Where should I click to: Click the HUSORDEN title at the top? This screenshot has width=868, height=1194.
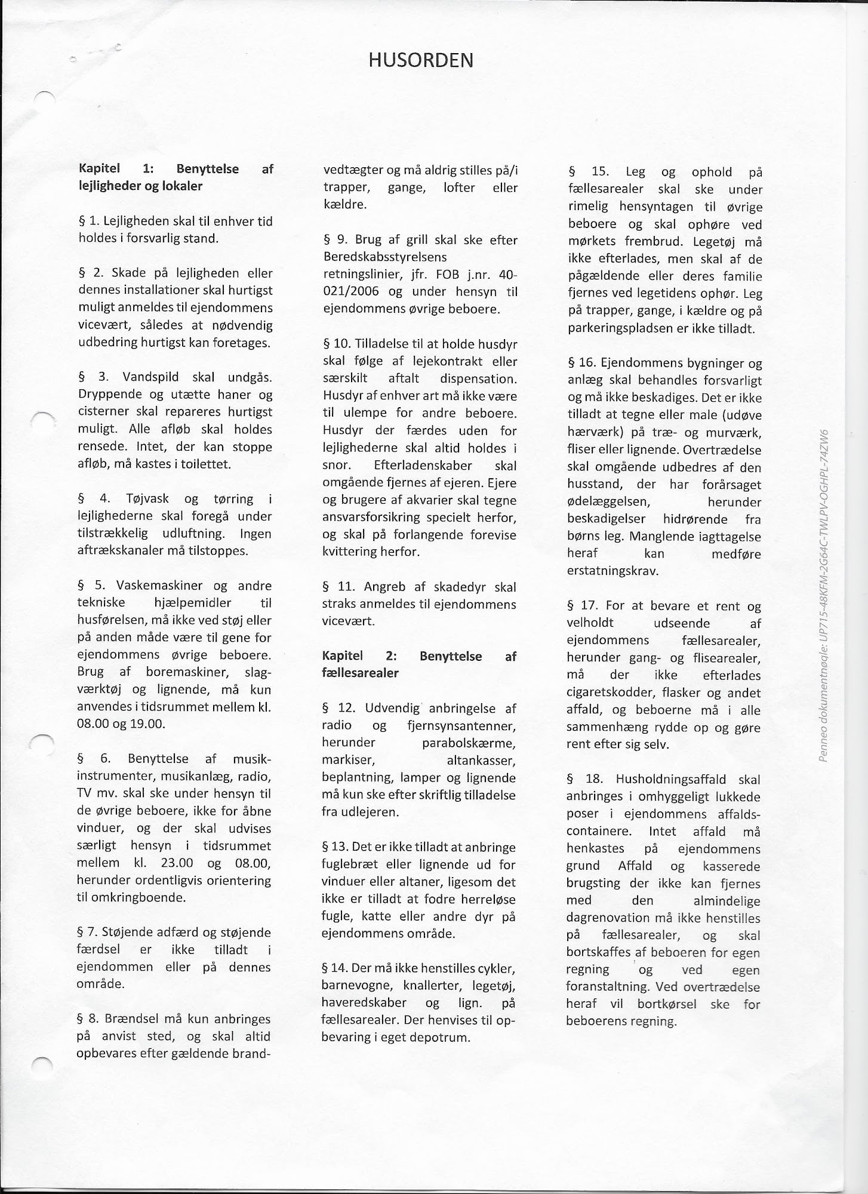(x=420, y=60)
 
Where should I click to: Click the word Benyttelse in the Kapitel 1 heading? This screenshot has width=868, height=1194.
(x=207, y=169)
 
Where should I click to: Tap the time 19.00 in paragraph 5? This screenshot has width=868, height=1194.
(x=147, y=724)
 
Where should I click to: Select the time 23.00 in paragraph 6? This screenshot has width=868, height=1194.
(x=177, y=863)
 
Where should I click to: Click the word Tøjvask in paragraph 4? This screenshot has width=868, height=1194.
(x=147, y=498)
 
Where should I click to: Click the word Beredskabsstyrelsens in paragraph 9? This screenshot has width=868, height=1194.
(x=385, y=257)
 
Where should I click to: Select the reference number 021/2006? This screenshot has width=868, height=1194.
(x=351, y=292)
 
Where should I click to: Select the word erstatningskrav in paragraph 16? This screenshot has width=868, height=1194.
(x=612, y=571)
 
